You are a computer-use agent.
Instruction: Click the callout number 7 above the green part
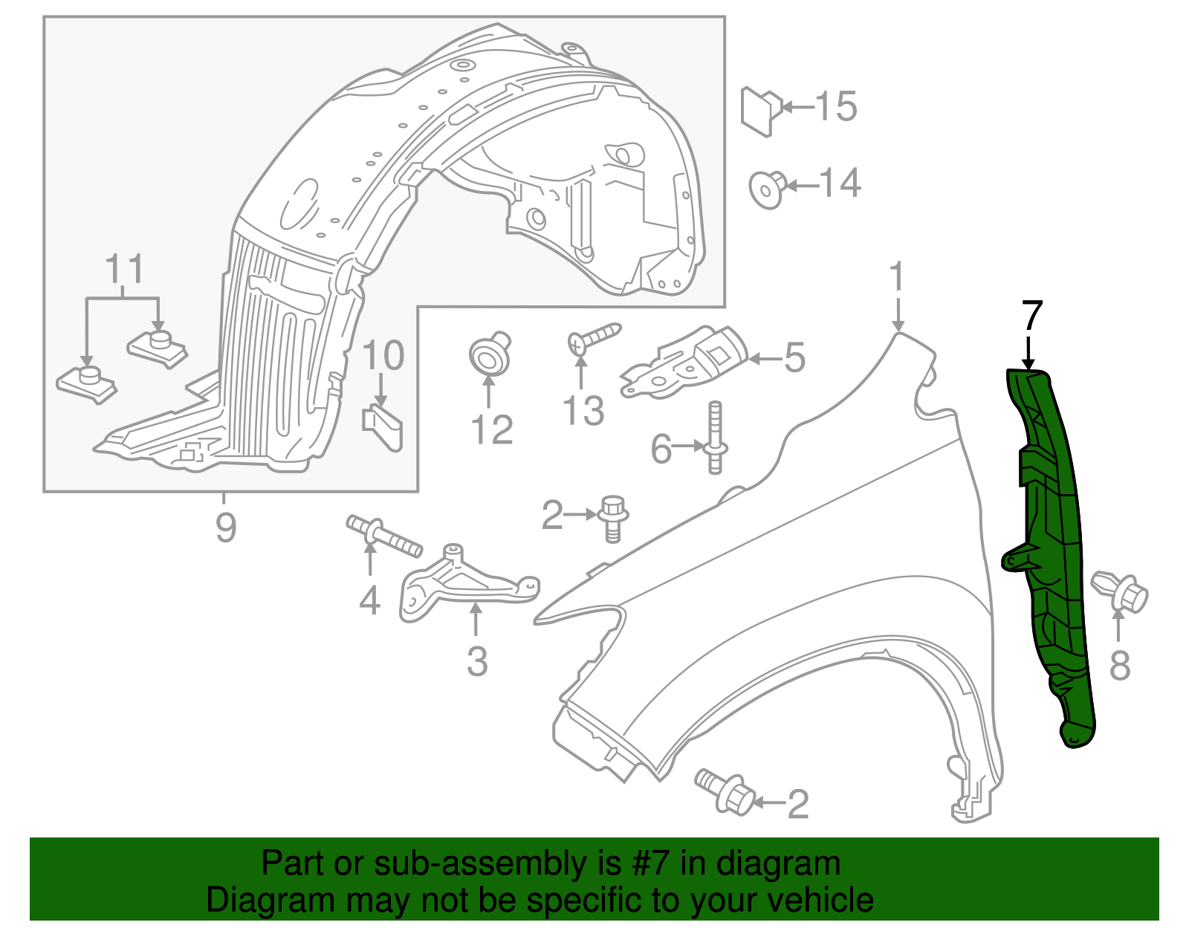pyautogui.click(x=1032, y=315)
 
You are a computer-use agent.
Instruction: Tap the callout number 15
pyautogui.click(x=836, y=107)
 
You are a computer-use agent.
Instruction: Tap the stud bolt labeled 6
pyautogui.click(x=715, y=438)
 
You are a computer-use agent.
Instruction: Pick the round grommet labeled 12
pyautogui.click(x=489, y=355)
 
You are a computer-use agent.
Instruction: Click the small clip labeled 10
pyautogui.click(x=383, y=427)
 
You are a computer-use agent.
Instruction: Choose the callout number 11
pyautogui.click(x=124, y=269)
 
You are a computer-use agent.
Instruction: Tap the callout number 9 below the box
pyautogui.click(x=226, y=527)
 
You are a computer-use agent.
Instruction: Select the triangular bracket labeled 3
pyautogui.click(x=464, y=583)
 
